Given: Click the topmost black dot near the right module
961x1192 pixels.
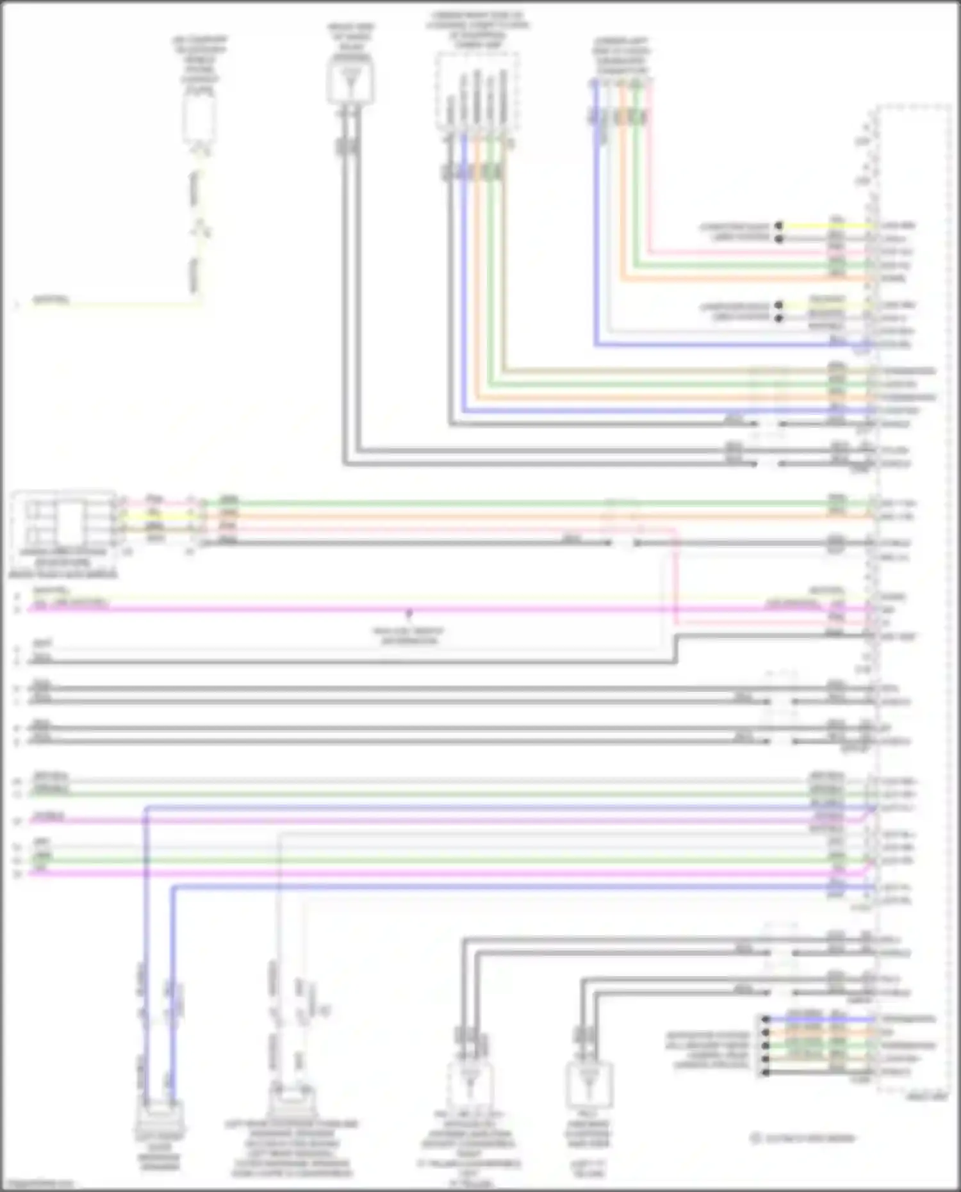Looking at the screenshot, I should pos(779,226).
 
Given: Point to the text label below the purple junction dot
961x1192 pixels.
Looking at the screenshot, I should pos(409,635).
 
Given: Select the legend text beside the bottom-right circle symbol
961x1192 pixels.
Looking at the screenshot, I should pos(809,1139).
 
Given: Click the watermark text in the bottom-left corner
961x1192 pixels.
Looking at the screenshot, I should pos(37,1184).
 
